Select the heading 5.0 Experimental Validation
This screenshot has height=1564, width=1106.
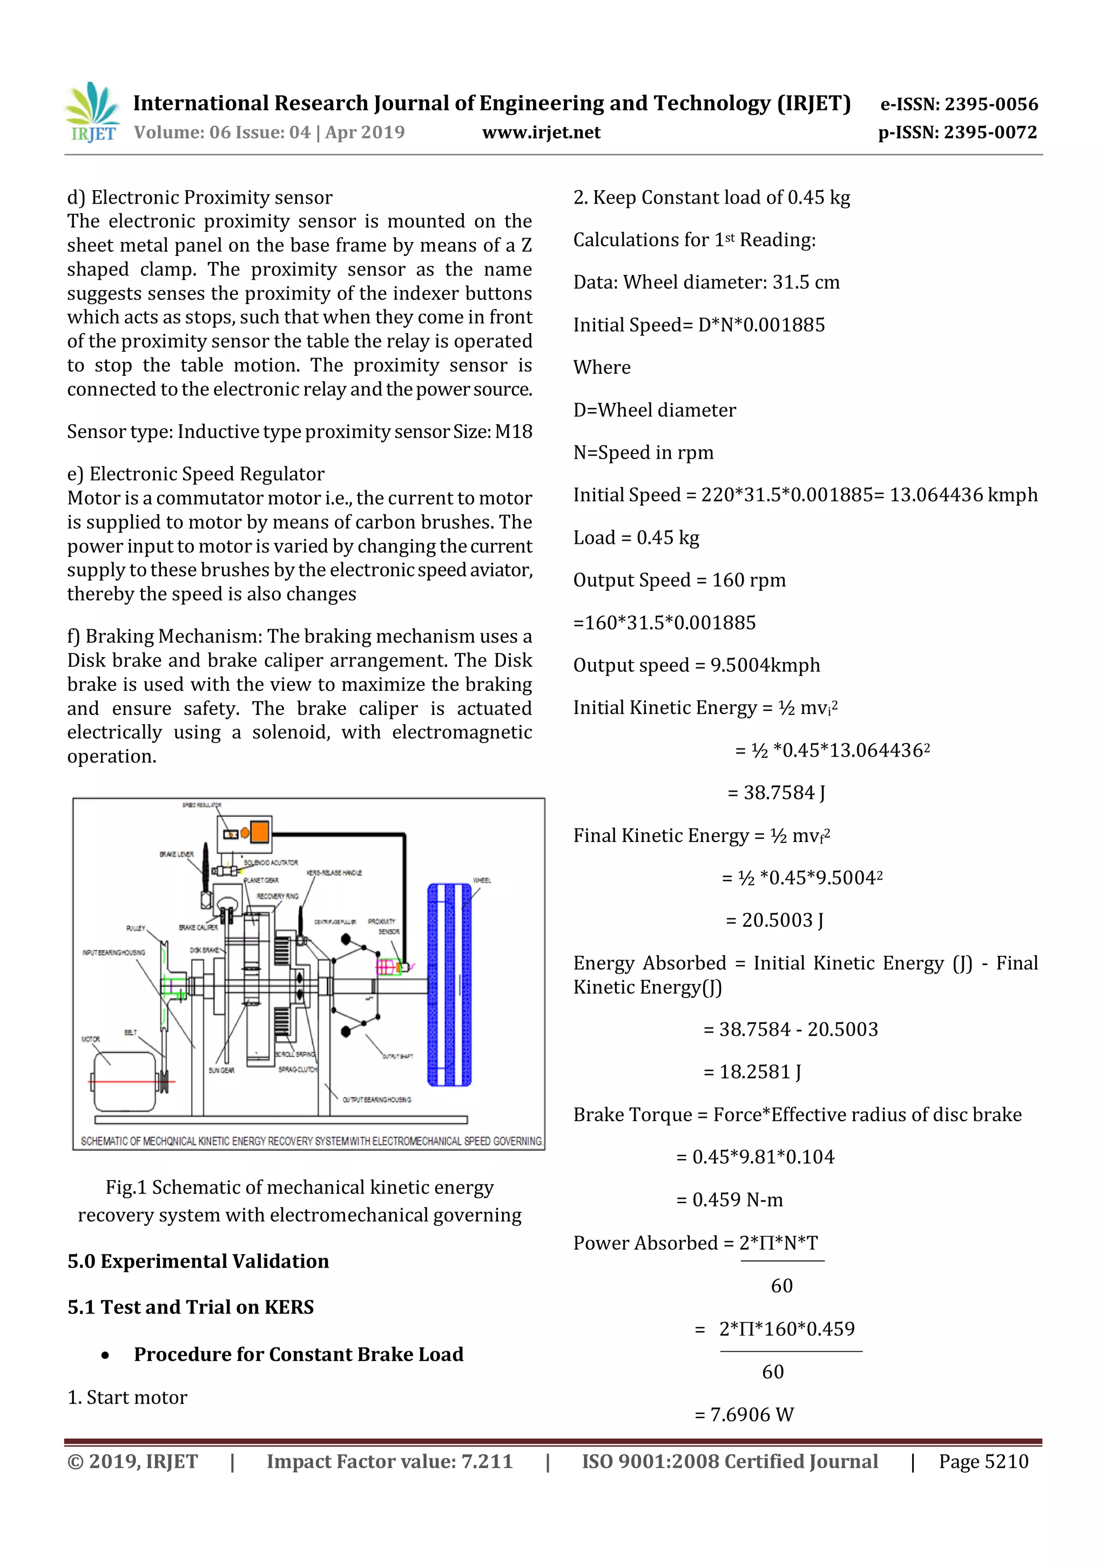tap(198, 1261)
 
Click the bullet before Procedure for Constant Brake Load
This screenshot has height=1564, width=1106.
tap(105, 1356)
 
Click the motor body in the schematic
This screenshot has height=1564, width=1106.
tap(125, 1081)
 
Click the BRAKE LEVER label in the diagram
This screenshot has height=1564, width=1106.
tap(177, 854)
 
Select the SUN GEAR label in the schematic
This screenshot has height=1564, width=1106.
tap(221, 1070)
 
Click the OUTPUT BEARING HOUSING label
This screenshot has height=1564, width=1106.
tap(376, 1100)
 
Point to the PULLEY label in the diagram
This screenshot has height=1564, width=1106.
tap(136, 928)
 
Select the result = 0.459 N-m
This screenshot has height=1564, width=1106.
tap(730, 1199)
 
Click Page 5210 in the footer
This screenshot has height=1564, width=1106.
tap(983, 1461)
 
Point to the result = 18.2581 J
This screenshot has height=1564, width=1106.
tap(752, 1071)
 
